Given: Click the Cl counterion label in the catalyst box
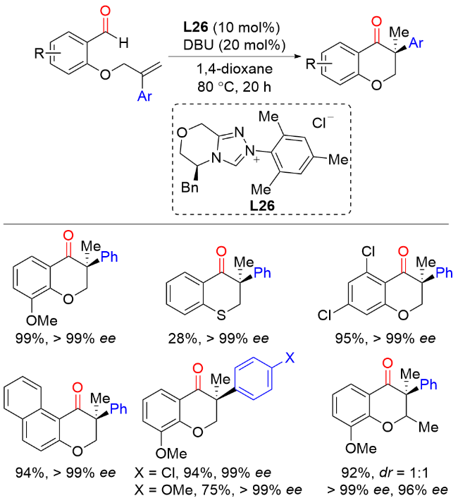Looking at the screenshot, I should [x=319, y=122].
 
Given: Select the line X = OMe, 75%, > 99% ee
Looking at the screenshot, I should [x=218, y=488].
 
